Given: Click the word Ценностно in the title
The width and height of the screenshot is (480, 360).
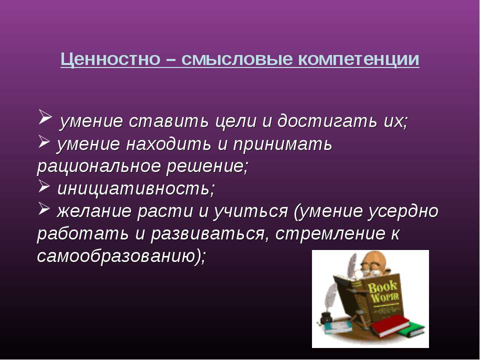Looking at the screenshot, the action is (x=110, y=59).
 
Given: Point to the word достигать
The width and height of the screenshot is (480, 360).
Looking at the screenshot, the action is (x=327, y=121).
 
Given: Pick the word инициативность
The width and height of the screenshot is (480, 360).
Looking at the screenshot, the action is (x=136, y=189).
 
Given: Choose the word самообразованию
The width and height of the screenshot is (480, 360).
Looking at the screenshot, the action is (x=120, y=256).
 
